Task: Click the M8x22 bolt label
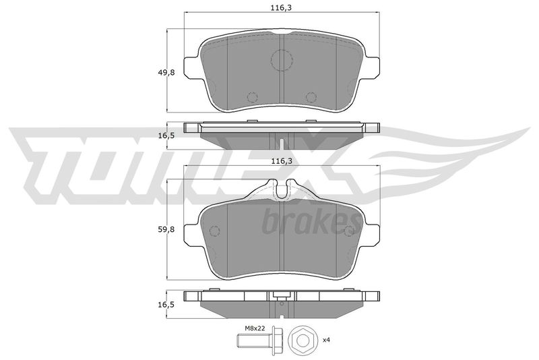(x=255, y=328)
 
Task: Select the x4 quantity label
(x=326, y=340)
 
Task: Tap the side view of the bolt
(x=259, y=341)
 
